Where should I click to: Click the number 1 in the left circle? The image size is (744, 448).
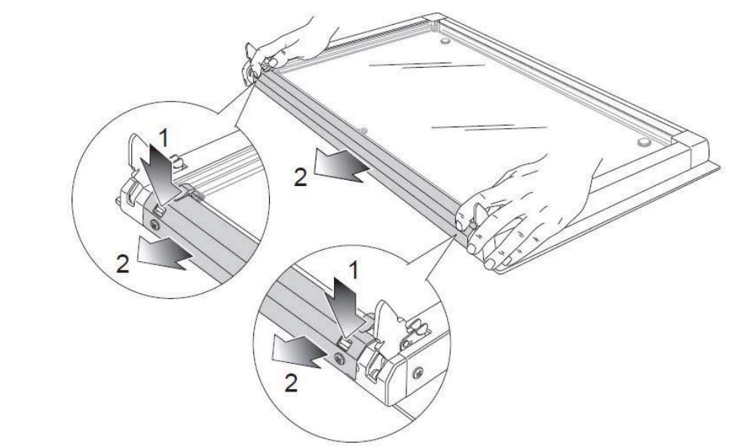tap(163, 138)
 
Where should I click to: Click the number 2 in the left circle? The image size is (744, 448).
tap(123, 264)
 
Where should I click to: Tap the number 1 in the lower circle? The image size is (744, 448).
tap(353, 271)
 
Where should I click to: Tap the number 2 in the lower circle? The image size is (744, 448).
tap(291, 383)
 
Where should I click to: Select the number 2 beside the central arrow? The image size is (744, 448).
tap(300, 178)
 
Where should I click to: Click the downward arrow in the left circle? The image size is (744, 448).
tap(161, 175)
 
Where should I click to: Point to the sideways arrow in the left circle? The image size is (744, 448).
tap(164, 251)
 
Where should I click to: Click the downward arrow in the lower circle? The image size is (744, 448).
tap(348, 308)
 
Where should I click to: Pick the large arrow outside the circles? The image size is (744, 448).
tap(341, 166)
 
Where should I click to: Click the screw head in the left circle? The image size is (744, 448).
tap(155, 225)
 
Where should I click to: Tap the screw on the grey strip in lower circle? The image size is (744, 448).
tap(339, 358)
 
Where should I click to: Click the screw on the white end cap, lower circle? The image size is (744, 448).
tap(417, 372)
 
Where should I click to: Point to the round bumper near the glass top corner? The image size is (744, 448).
tap(445, 41)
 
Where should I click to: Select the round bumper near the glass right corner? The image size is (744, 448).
tap(644, 142)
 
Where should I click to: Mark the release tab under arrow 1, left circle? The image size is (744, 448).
tap(160, 209)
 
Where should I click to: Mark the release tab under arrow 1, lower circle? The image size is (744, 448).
tap(345, 341)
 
